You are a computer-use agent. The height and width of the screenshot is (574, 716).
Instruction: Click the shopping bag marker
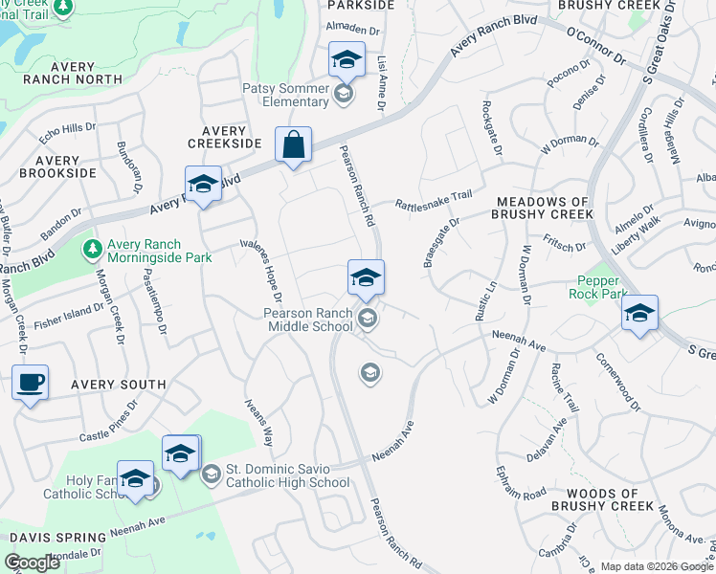[294, 145]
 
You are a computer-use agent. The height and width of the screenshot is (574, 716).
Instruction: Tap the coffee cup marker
[31, 384]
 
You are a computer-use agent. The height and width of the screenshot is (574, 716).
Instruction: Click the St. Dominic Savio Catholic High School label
[287, 475]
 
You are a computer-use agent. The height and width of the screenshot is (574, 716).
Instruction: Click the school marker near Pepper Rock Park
[639, 313]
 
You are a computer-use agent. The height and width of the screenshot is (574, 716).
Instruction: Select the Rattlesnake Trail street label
[435, 198]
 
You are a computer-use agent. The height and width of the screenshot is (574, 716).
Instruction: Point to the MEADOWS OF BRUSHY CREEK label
[544, 209]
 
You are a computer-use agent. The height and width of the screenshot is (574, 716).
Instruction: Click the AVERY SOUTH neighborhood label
[118, 385]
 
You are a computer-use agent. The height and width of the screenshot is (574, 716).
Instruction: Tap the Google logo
[32, 563]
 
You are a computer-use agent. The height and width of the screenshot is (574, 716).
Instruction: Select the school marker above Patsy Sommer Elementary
[347, 61]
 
